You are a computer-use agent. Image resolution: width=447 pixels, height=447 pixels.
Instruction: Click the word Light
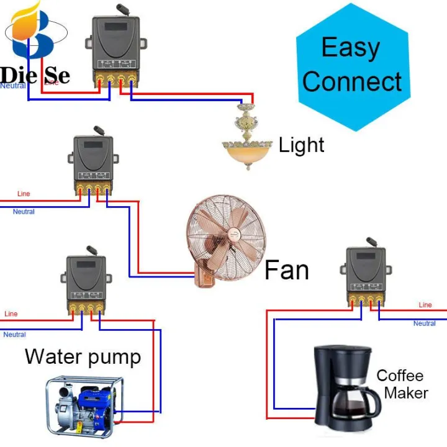(301, 145)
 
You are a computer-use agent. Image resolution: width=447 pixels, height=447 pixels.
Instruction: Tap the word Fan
(286, 270)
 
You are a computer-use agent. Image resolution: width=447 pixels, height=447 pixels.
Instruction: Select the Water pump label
(83, 357)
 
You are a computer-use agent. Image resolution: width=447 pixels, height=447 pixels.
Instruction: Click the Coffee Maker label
(401, 384)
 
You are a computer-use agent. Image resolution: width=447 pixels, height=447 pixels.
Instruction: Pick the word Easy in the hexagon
(350, 47)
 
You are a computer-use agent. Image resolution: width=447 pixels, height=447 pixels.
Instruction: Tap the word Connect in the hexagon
(352, 82)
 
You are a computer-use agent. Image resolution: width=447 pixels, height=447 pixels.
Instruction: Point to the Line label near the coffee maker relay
(425, 305)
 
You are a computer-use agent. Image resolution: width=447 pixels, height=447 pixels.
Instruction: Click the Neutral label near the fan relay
(24, 212)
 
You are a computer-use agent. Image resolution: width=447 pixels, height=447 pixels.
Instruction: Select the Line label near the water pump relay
(11, 314)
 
